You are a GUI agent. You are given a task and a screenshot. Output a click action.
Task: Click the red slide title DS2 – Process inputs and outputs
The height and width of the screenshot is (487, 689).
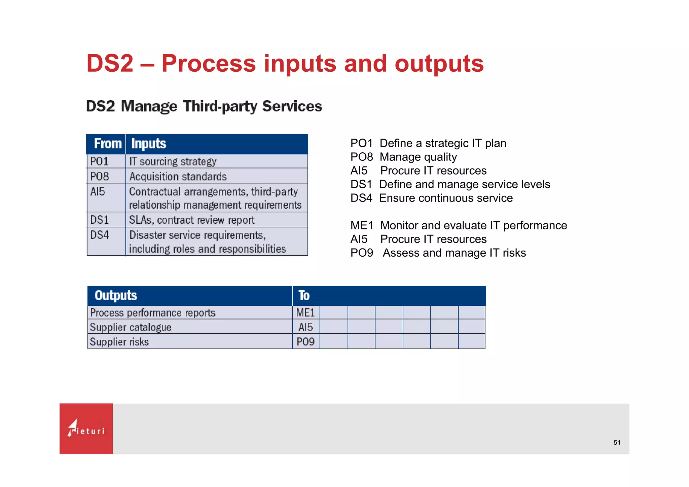tap(285, 63)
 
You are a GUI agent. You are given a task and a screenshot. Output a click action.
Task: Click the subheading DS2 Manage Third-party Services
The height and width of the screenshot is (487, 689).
tap(204, 106)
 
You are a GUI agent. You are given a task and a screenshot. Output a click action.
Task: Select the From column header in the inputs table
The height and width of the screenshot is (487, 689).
tap(107, 144)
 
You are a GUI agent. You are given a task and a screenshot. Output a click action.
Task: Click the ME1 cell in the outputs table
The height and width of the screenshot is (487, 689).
tap(305, 313)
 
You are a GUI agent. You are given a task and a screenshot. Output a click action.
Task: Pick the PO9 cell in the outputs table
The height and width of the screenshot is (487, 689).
tap(305, 342)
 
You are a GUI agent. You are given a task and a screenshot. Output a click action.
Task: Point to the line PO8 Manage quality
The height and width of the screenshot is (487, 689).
tap(403, 157)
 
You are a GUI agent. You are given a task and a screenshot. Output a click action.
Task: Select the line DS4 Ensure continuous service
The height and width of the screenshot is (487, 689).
tap(431, 198)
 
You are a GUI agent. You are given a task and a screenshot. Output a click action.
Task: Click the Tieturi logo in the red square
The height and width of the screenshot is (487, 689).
tap(86, 428)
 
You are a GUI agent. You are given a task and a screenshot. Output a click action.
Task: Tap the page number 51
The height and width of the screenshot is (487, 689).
tap(617, 443)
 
